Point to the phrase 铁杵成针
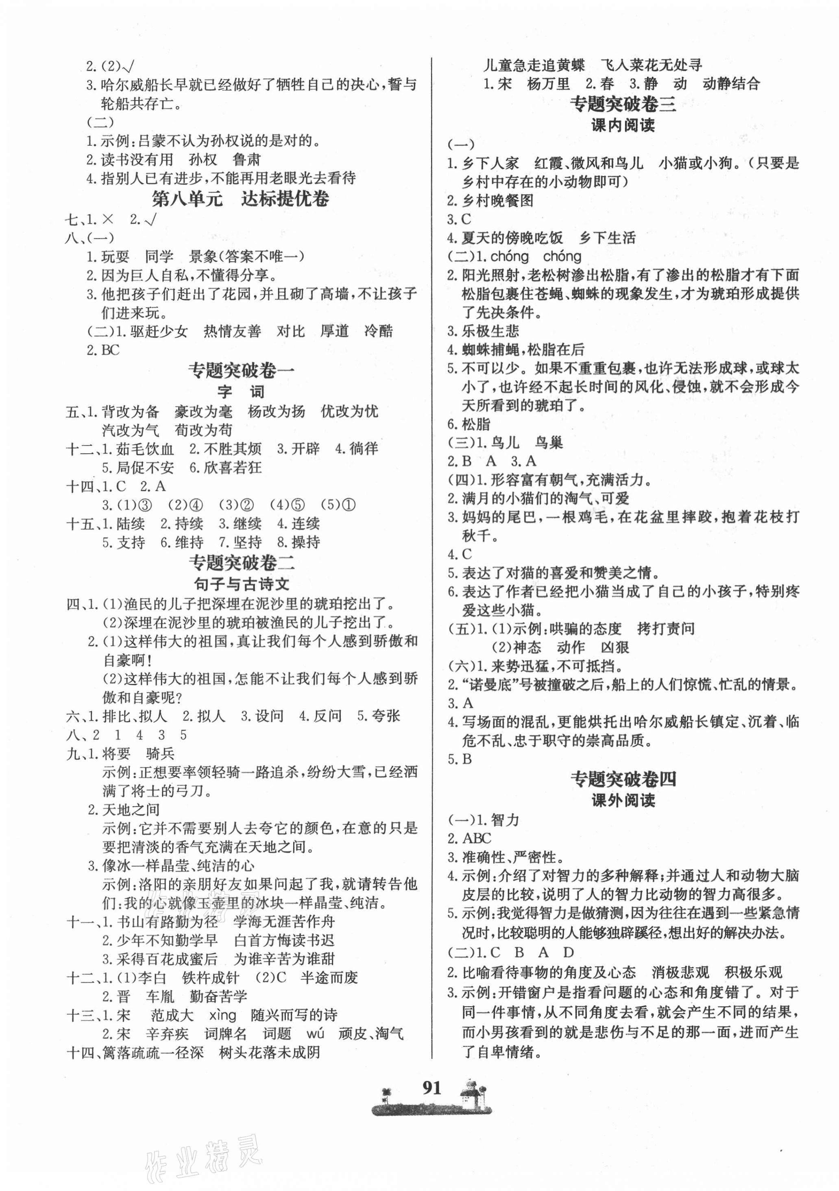point(211,977)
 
